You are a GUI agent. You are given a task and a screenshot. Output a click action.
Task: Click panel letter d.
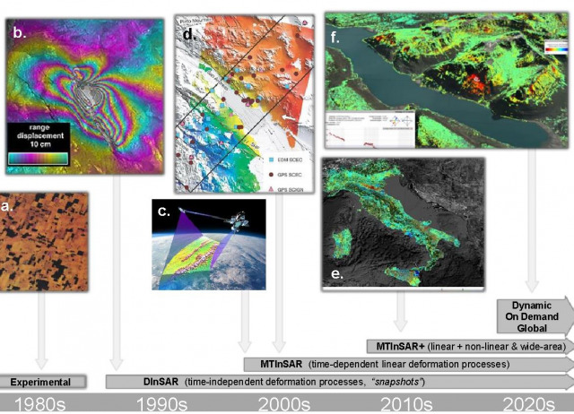[x=188, y=35]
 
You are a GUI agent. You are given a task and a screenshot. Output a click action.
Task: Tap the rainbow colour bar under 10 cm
[x=42, y=158]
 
